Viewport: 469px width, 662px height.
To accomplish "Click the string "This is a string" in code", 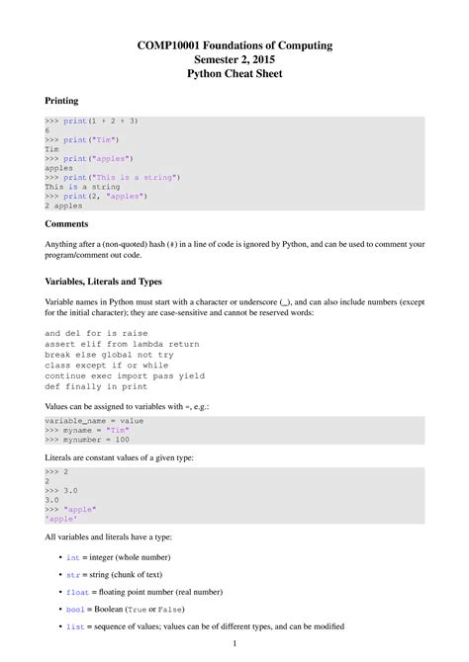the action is (137, 177).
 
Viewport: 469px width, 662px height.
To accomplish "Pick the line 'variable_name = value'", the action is (95, 420).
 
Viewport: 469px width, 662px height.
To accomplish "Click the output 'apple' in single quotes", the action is (61, 518).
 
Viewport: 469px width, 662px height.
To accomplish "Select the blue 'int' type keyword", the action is (72, 558).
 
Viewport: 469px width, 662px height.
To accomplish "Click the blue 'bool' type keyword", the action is (74, 610).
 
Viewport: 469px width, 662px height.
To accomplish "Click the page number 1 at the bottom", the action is (234, 644).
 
